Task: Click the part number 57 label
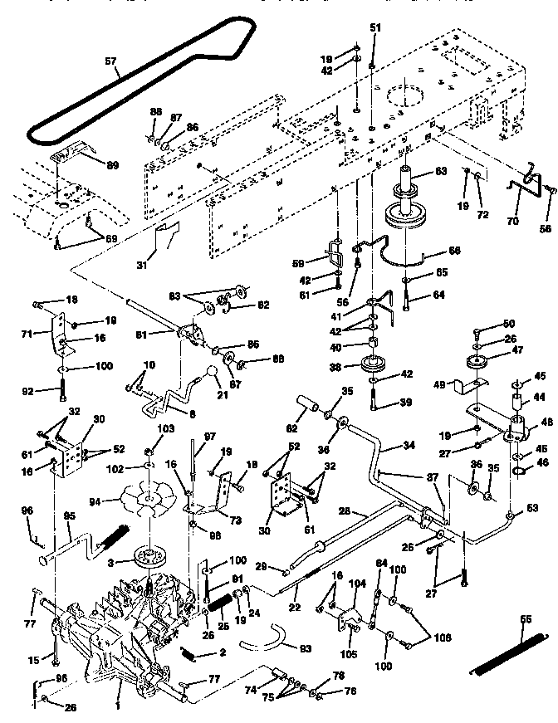[111, 61]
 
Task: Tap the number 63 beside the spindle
[441, 172]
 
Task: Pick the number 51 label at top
[374, 28]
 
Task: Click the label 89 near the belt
[112, 165]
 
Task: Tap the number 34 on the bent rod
[408, 446]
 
